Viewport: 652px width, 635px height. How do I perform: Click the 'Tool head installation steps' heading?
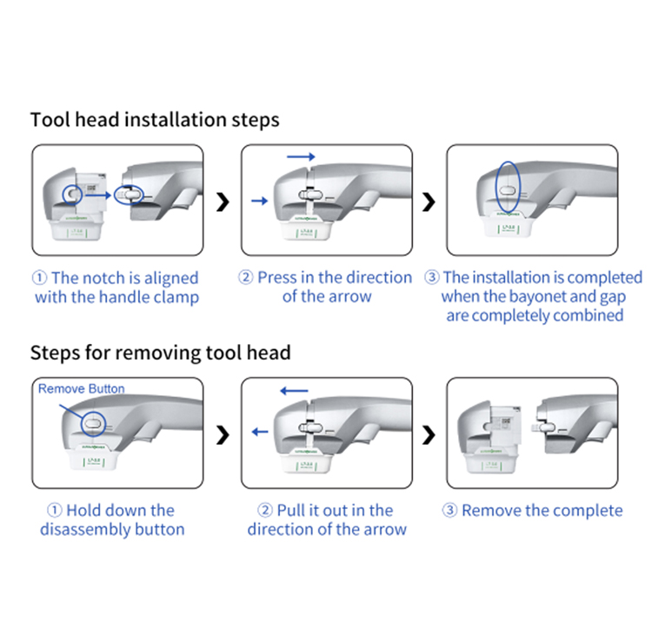tap(155, 120)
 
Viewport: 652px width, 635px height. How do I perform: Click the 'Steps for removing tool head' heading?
tap(160, 354)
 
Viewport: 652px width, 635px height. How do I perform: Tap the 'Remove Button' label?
tap(82, 389)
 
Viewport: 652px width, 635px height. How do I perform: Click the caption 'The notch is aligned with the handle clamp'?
tap(116, 288)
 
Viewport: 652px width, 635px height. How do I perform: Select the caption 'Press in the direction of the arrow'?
tap(326, 288)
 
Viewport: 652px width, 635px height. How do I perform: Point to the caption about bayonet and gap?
tap(534, 297)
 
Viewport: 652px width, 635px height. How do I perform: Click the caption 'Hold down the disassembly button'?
tap(112, 519)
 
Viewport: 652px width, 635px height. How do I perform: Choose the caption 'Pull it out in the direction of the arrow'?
tap(326, 519)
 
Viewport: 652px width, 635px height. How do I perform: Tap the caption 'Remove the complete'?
tap(533, 511)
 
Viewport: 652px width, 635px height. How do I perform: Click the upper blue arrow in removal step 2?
tap(294, 391)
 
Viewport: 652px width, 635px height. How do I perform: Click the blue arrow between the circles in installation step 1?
tap(98, 197)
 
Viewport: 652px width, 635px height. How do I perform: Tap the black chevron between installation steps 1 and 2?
tap(223, 202)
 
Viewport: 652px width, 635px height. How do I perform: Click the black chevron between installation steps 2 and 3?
tap(429, 202)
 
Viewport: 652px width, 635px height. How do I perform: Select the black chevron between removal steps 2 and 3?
tap(429, 432)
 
